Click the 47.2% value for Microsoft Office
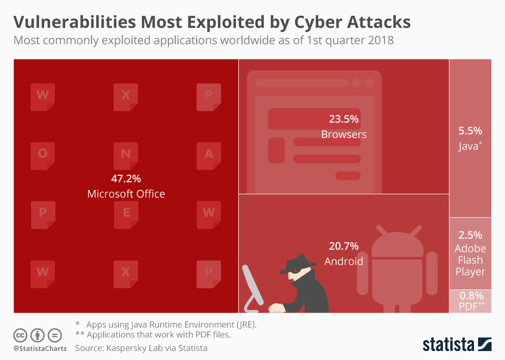point(126,178)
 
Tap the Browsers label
point(344,134)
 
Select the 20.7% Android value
point(344,246)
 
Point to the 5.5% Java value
point(470,131)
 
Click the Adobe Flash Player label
point(470,260)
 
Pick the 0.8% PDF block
point(470,302)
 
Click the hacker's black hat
point(297,263)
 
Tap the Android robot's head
point(397,245)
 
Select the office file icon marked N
point(126,155)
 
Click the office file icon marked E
point(126,214)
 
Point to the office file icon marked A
point(208,155)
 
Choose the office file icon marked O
point(43,155)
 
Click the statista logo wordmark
point(448,345)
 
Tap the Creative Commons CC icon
point(21,335)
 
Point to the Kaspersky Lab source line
point(141,348)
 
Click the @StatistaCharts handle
point(40,348)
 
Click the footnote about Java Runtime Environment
point(166,324)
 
